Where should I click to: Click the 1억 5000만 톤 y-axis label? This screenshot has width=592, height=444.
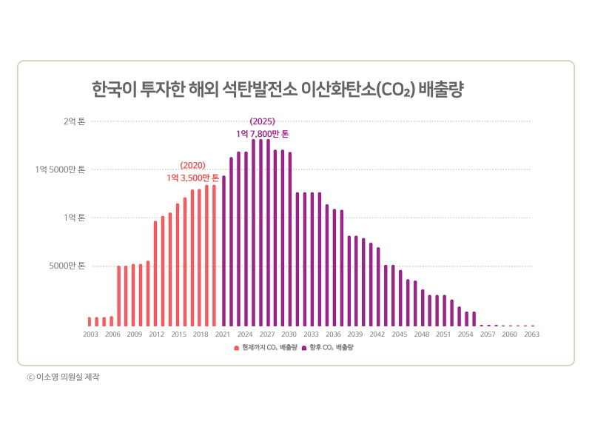pyautogui.click(x=61, y=169)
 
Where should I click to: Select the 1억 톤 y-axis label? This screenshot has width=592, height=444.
pyautogui.click(x=74, y=218)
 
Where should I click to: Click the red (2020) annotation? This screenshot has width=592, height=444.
pyautogui.click(x=192, y=166)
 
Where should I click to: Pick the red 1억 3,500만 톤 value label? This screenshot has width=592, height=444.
pyautogui.click(x=192, y=178)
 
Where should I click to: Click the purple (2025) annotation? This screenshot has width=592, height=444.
pyautogui.click(x=263, y=121)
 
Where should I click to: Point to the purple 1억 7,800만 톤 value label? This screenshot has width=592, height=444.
pyautogui.click(x=263, y=133)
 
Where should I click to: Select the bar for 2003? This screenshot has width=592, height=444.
pyautogui.click(x=90, y=321)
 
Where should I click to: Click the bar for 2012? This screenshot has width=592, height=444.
pyautogui.click(x=155, y=273)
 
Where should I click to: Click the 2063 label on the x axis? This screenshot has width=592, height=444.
pyautogui.click(x=531, y=334)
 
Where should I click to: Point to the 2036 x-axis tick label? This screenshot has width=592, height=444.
pyautogui.click(x=333, y=334)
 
